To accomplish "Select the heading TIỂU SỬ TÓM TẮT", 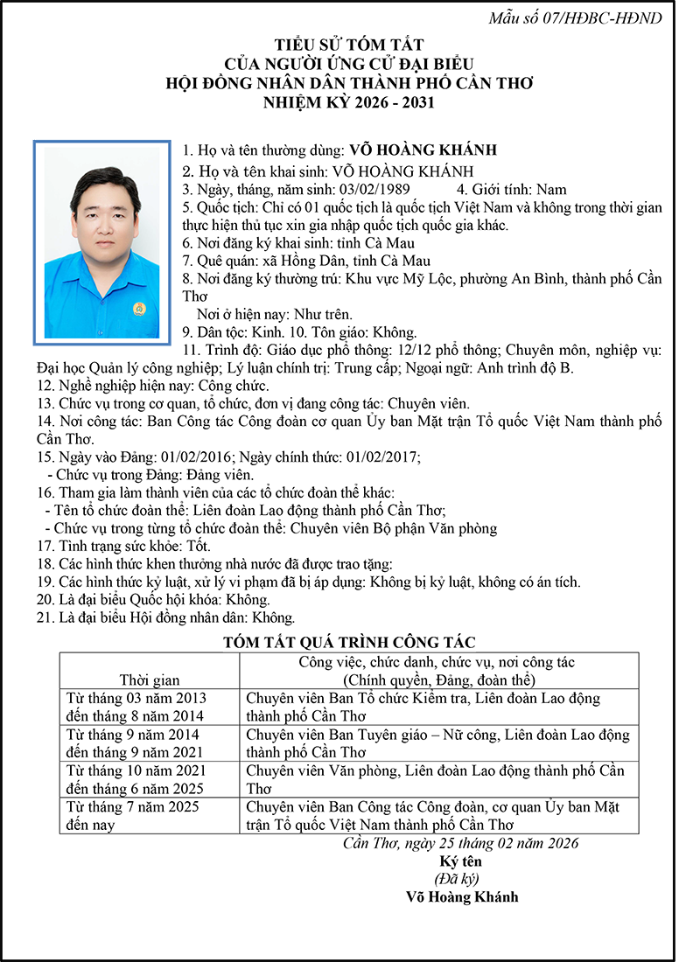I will click(349, 45).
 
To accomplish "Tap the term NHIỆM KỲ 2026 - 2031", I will click(349, 102).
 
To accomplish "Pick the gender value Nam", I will click(551, 189).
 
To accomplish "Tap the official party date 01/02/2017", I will click(383, 457).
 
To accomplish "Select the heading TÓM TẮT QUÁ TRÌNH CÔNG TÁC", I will click(349, 643).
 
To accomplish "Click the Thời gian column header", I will click(149, 680).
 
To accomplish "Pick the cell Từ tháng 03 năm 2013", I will click(136, 698).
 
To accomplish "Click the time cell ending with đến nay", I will click(136, 816).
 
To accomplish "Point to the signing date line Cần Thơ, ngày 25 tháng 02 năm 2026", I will click(461, 843).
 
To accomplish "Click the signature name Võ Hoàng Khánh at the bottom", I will click(462, 896).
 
